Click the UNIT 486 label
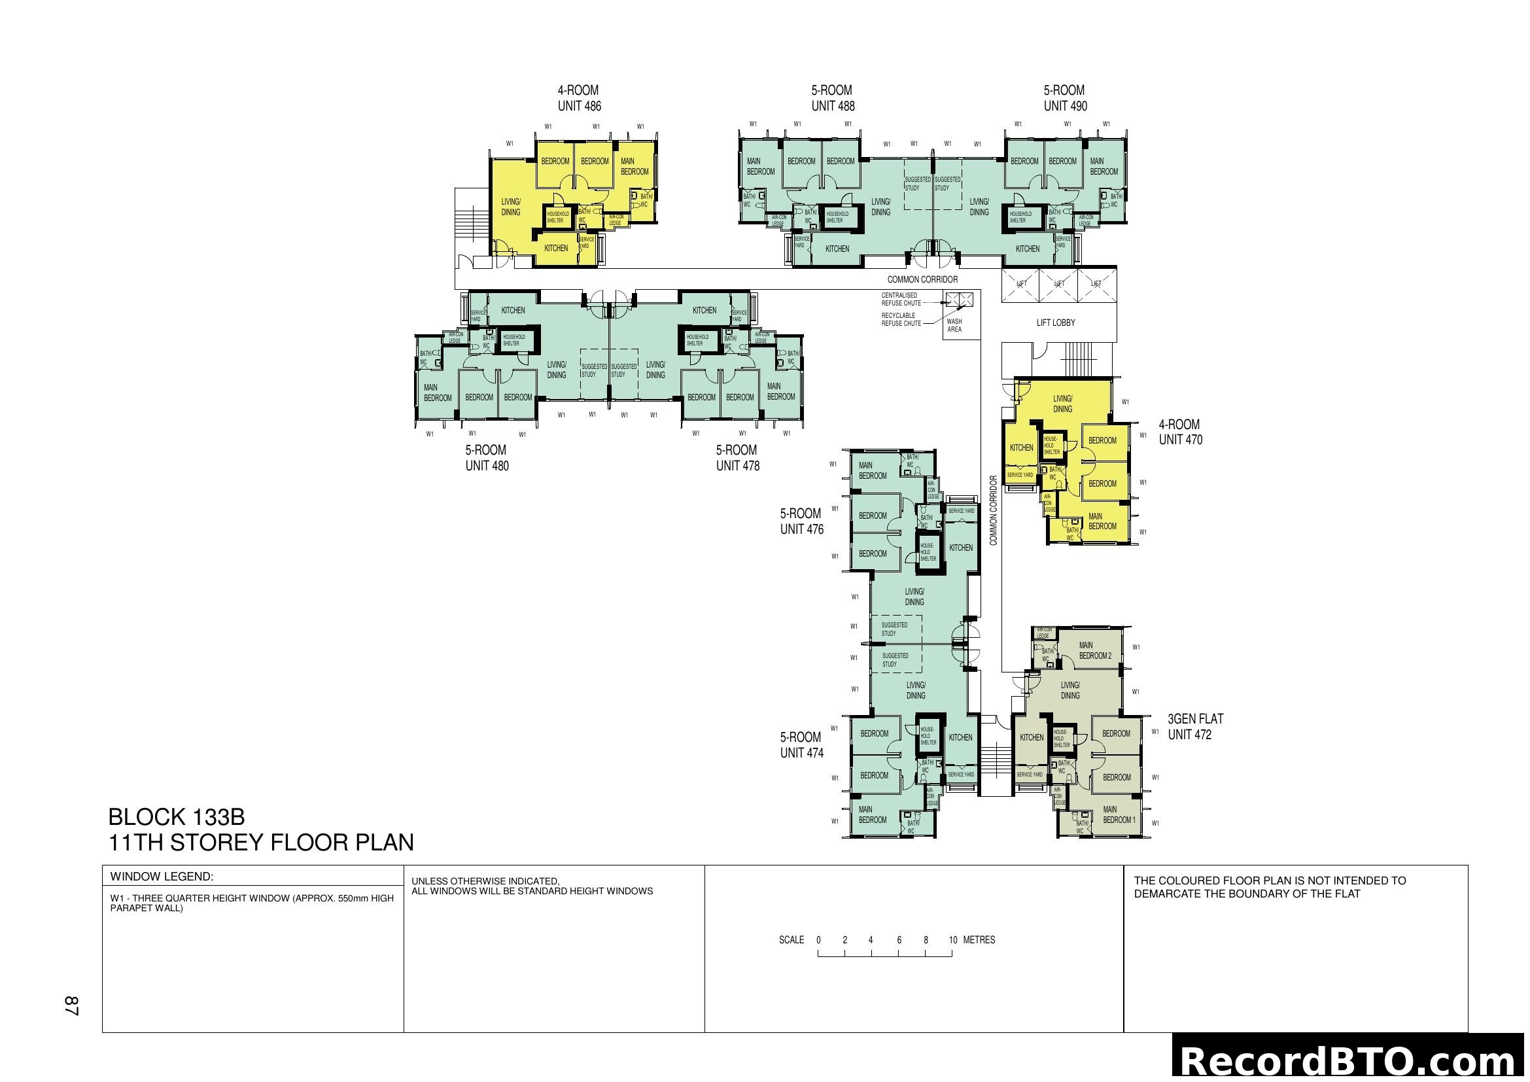579,106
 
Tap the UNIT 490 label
1065,106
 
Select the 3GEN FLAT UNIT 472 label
1195,727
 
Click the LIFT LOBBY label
1056,323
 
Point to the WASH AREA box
954,325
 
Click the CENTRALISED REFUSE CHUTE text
901,299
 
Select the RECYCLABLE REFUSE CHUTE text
901,319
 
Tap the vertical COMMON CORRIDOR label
993,510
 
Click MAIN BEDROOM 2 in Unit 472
1095,650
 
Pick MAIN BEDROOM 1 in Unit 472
1118,815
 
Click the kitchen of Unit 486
556,248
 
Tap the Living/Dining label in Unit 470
1062,404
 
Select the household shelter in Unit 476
928,551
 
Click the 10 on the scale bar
953,940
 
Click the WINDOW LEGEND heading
162,876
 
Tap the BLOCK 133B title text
176,817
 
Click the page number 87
72,1006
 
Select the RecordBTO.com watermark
1350,1060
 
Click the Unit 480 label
487,466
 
